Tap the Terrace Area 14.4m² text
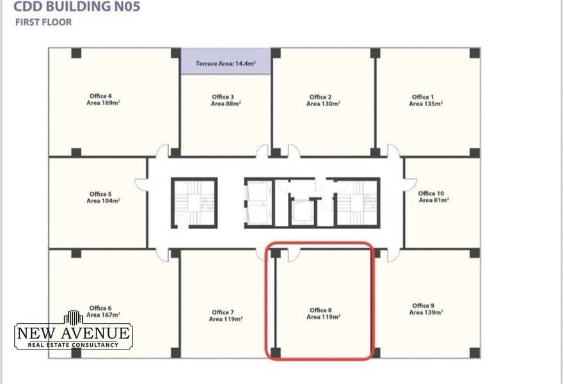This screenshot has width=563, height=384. click(226, 63)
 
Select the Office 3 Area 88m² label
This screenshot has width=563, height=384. click(225, 100)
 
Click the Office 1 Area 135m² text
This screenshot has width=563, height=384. click(426, 100)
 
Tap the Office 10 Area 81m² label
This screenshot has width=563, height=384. click(434, 196)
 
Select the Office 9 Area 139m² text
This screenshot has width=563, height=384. click(426, 309)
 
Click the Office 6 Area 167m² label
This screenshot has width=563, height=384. click(104, 312)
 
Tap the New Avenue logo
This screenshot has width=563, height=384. click(74, 330)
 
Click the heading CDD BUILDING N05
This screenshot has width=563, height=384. click(77, 6)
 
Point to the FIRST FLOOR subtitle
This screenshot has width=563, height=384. click(44, 22)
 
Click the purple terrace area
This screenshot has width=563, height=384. click(226, 61)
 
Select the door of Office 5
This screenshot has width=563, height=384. click(141, 184)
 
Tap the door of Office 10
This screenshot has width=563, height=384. click(410, 184)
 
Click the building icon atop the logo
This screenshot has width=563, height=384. click(73, 317)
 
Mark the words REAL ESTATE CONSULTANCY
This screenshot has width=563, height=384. click(73, 345)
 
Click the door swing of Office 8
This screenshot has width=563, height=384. click(294, 255)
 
